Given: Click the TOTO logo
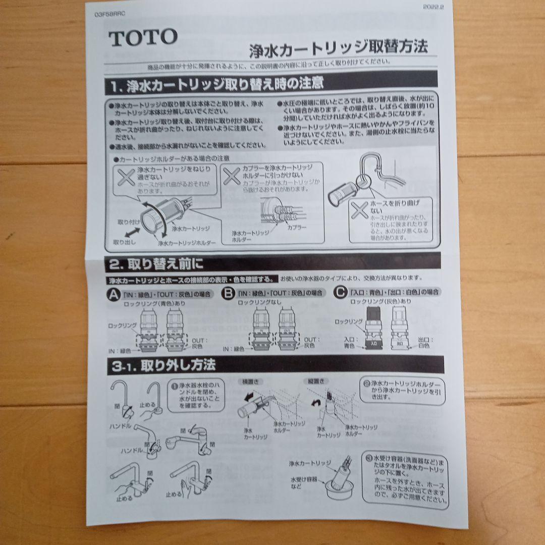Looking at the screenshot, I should [143, 37].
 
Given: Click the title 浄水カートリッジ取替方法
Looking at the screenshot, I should [338, 47].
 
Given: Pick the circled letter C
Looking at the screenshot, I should [342, 291].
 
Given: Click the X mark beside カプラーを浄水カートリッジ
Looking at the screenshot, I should [231, 175].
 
